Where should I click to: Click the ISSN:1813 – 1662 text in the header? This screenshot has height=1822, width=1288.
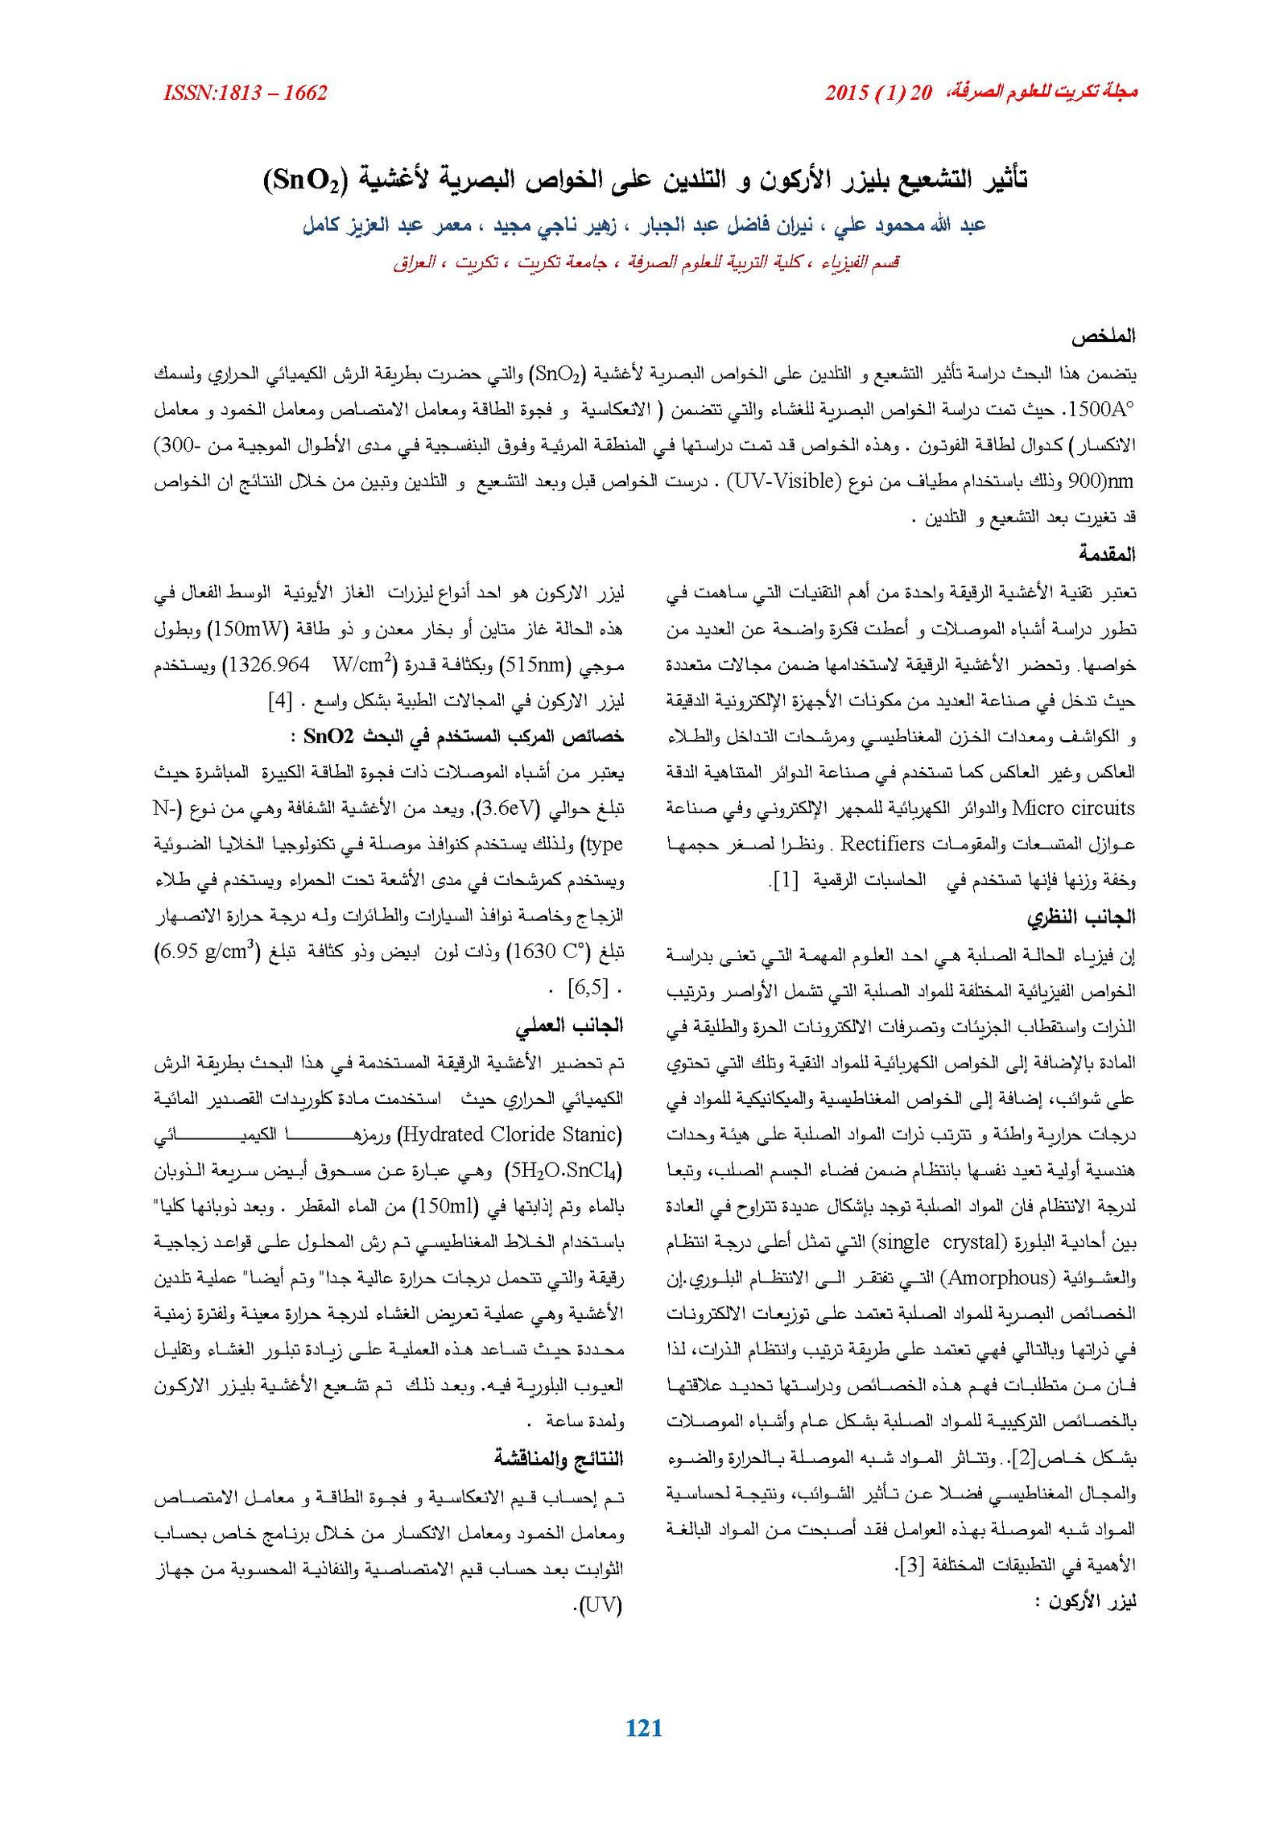[245, 93]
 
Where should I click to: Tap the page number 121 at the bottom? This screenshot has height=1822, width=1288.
[643, 1727]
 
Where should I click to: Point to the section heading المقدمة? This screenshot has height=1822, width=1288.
[1108, 554]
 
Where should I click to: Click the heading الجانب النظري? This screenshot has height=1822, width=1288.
[1080, 917]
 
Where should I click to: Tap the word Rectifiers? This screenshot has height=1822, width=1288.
[883, 844]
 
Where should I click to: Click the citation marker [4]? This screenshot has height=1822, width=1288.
[279, 700]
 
